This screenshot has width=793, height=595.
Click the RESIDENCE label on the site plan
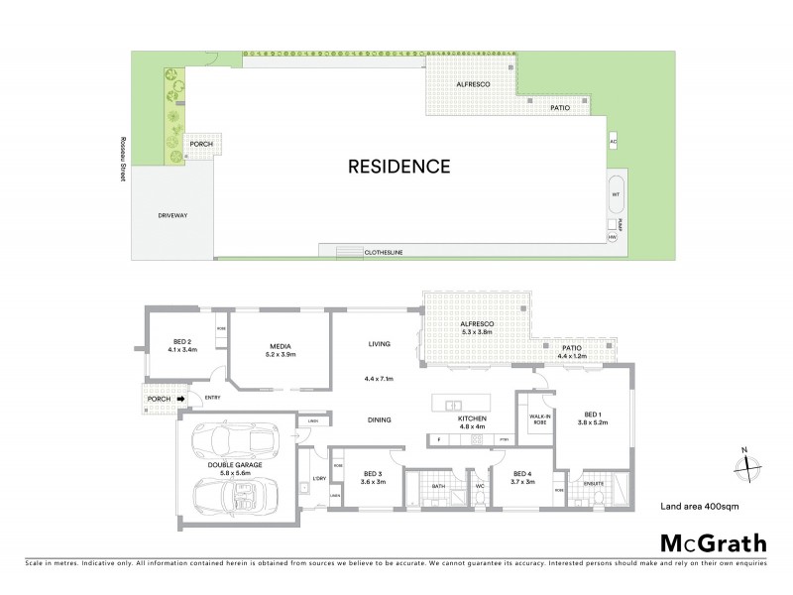[399, 167]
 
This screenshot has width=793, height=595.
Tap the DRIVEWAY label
[172, 215]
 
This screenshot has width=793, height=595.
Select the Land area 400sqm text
[698, 506]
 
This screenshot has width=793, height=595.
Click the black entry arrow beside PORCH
[181, 400]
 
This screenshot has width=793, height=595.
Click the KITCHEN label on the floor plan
[471, 419]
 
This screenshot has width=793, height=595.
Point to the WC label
[478, 486]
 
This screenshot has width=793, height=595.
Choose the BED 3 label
[373, 474]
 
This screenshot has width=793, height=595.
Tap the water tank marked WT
[615, 194]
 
